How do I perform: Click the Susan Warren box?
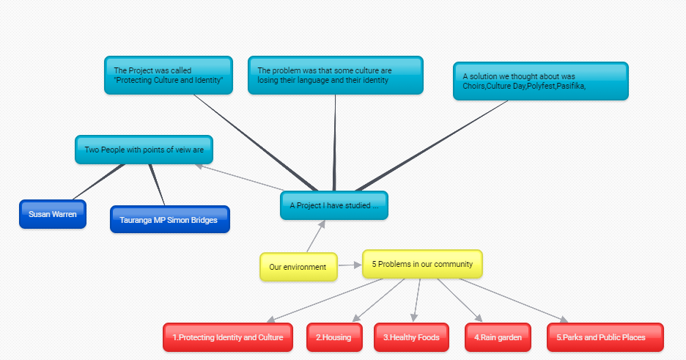(x=53, y=214)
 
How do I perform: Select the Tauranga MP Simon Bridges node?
(x=169, y=219)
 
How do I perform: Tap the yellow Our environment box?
(x=298, y=267)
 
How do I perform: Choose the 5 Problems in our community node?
(x=422, y=264)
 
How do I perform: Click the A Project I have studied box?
(x=333, y=205)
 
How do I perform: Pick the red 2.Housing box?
(x=334, y=337)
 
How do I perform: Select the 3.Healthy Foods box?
(x=411, y=337)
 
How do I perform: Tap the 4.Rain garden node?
(x=498, y=337)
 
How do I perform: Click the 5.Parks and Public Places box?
(x=605, y=337)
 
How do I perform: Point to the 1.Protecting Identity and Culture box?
(x=228, y=337)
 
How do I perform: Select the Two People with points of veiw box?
(x=144, y=150)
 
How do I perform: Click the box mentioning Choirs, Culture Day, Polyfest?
(x=540, y=81)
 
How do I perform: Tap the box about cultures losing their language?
(x=335, y=76)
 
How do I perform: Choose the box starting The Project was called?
(x=169, y=76)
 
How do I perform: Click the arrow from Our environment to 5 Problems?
(x=350, y=265)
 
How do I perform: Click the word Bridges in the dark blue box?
(x=202, y=220)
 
